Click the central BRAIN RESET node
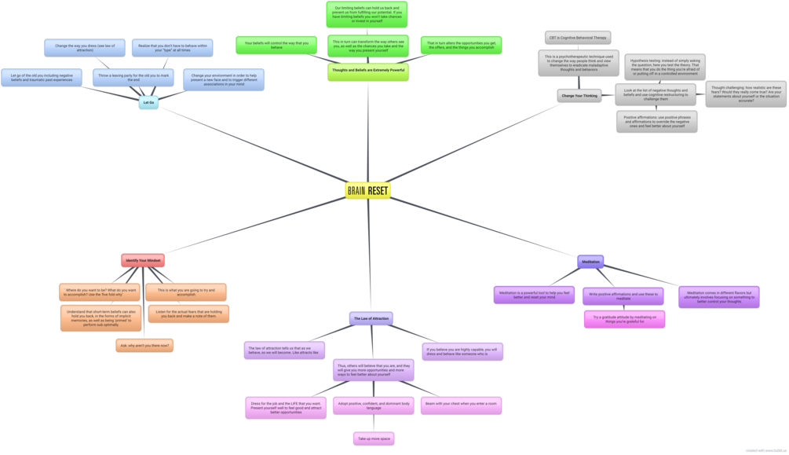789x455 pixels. [x=367, y=190]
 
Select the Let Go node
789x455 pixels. [x=148, y=102]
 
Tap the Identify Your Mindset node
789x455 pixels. [x=144, y=259]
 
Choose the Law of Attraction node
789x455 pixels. [x=371, y=318]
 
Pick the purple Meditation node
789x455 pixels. [x=590, y=261]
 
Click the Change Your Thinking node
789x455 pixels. [x=580, y=95]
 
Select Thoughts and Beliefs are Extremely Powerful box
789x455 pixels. [x=367, y=71]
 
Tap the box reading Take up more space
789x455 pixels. [x=374, y=438]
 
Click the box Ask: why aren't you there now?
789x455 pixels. [x=145, y=344]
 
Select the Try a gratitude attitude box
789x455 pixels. [x=624, y=318]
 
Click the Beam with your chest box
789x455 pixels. [x=461, y=405]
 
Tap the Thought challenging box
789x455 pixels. [x=741, y=94]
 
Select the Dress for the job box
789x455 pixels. [x=286, y=407]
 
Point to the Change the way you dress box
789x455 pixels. [x=79, y=48]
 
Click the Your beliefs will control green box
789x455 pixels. [x=276, y=45]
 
